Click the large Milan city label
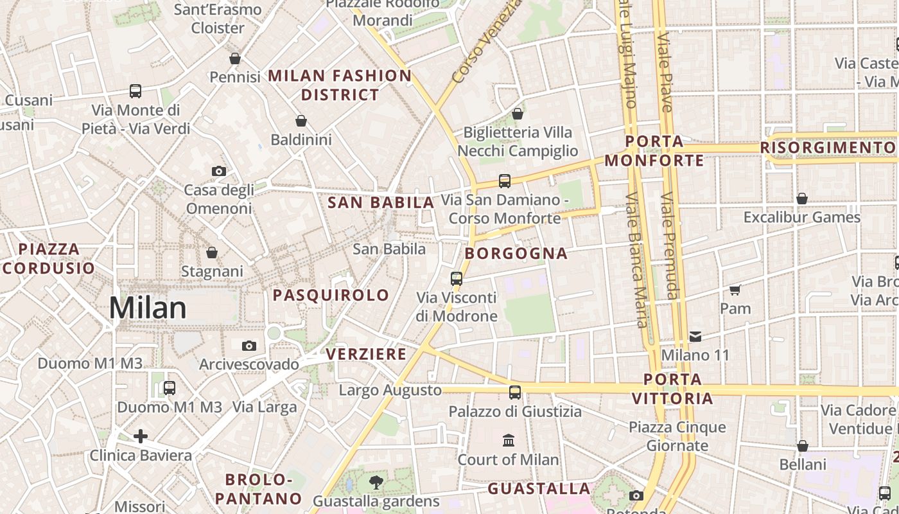148,308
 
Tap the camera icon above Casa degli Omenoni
219,171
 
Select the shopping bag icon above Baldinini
301,120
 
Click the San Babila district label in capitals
381,203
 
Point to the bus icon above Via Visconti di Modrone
457,279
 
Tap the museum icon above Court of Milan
509,440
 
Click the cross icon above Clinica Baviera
141,437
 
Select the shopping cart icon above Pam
735,290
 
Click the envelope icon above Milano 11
695,336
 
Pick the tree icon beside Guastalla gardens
376,481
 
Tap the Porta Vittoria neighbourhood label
672,389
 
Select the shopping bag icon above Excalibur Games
802,199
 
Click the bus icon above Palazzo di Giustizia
515,393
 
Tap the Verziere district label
366,354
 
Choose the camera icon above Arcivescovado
249,346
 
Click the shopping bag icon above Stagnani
212,253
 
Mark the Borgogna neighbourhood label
516,253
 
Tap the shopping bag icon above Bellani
803,445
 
